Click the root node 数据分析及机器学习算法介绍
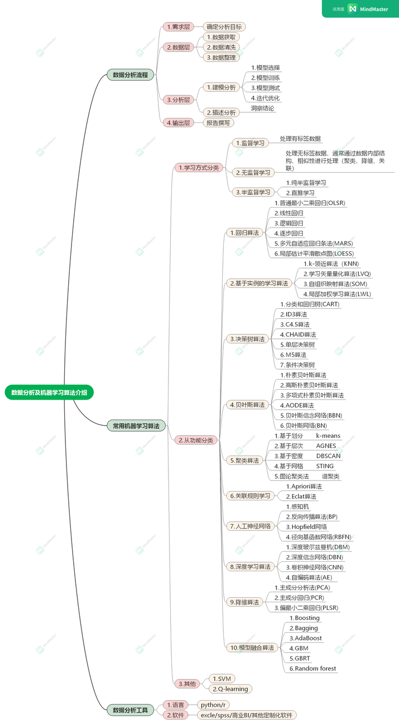pyautogui.click(x=49, y=392)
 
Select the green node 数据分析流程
pyautogui.click(x=130, y=75)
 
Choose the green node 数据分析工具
pyautogui.click(x=130, y=710)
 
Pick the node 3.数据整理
pyautogui.click(x=221, y=58)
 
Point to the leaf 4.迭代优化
pyautogui.click(x=265, y=98)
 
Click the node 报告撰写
pyautogui.click(x=218, y=123)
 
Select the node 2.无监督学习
pyautogui.click(x=253, y=173)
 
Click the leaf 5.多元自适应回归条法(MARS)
pyautogui.click(x=313, y=243)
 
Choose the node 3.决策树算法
pyautogui.click(x=247, y=338)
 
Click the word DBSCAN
pyautogui.click(x=329, y=456)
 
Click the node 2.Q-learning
pyautogui.click(x=230, y=689)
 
